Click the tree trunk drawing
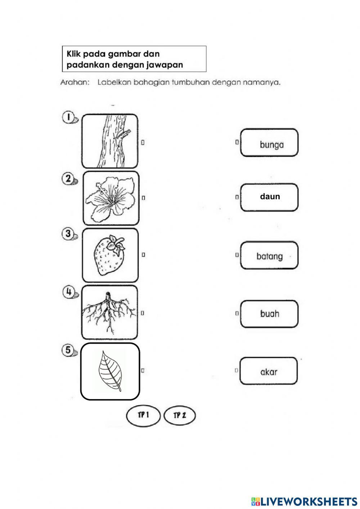click(x=109, y=141)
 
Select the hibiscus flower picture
click(x=111, y=198)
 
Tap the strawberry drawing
click(x=110, y=255)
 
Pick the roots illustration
click(x=109, y=312)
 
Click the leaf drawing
click(x=110, y=371)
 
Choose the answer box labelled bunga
click(x=269, y=143)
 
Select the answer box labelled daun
click(x=269, y=197)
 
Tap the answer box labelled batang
click(x=269, y=256)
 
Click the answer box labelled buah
click(x=269, y=314)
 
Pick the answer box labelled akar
click(x=269, y=371)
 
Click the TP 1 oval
click(x=143, y=416)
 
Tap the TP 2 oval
click(x=179, y=416)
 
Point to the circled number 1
click(x=68, y=117)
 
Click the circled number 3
click(x=68, y=234)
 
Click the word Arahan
click(x=75, y=82)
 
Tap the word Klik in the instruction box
click(x=74, y=54)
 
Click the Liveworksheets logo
click(x=304, y=501)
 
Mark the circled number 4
click(x=68, y=291)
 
